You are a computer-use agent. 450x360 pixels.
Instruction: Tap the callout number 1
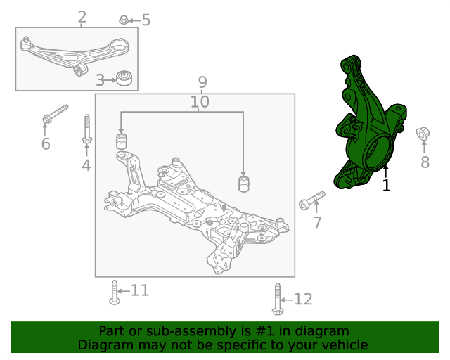[386, 186]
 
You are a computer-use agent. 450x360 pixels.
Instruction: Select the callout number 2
[82, 17]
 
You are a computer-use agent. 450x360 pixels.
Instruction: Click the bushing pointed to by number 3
[124, 78]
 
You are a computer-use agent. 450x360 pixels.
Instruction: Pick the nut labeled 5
[124, 20]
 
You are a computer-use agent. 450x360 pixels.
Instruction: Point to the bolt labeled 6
[55, 114]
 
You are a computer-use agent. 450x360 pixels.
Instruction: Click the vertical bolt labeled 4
[87, 129]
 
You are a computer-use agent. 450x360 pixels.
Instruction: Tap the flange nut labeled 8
[423, 134]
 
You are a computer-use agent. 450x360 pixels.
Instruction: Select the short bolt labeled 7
[311, 200]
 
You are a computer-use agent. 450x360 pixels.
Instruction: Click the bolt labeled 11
[115, 292]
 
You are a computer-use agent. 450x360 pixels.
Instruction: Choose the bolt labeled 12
[278, 299]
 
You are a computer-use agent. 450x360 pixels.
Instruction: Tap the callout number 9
[202, 82]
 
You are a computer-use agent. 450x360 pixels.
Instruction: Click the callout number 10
[200, 102]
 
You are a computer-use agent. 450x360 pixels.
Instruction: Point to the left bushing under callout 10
[122, 141]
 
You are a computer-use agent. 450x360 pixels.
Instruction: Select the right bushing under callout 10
[244, 184]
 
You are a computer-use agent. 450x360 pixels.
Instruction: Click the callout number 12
[303, 299]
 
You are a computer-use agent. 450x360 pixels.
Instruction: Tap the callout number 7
[317, 222]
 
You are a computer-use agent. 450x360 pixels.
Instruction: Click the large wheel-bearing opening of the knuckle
[377, 152]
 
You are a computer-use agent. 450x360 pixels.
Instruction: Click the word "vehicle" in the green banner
[346, 345]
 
